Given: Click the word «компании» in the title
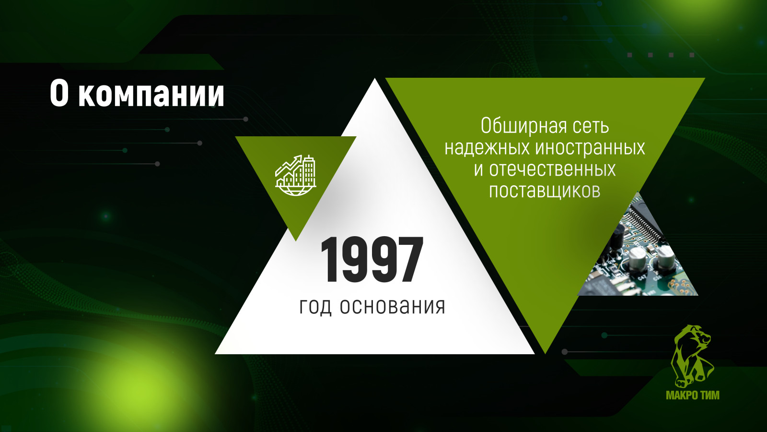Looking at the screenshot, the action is [151, 94].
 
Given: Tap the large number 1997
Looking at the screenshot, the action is [372, 260].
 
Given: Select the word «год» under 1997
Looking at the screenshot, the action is [315, 307].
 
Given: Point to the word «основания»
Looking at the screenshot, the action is [393, 306].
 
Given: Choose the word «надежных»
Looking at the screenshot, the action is [487, 148].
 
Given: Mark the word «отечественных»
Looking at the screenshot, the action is [552, 169].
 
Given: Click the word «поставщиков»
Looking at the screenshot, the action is [545, 191].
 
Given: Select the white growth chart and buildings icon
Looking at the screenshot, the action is [296, 175].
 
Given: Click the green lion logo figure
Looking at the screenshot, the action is [692, 356].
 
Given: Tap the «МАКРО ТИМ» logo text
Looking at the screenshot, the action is [693, 396].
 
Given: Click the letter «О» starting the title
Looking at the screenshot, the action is [59, 94].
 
